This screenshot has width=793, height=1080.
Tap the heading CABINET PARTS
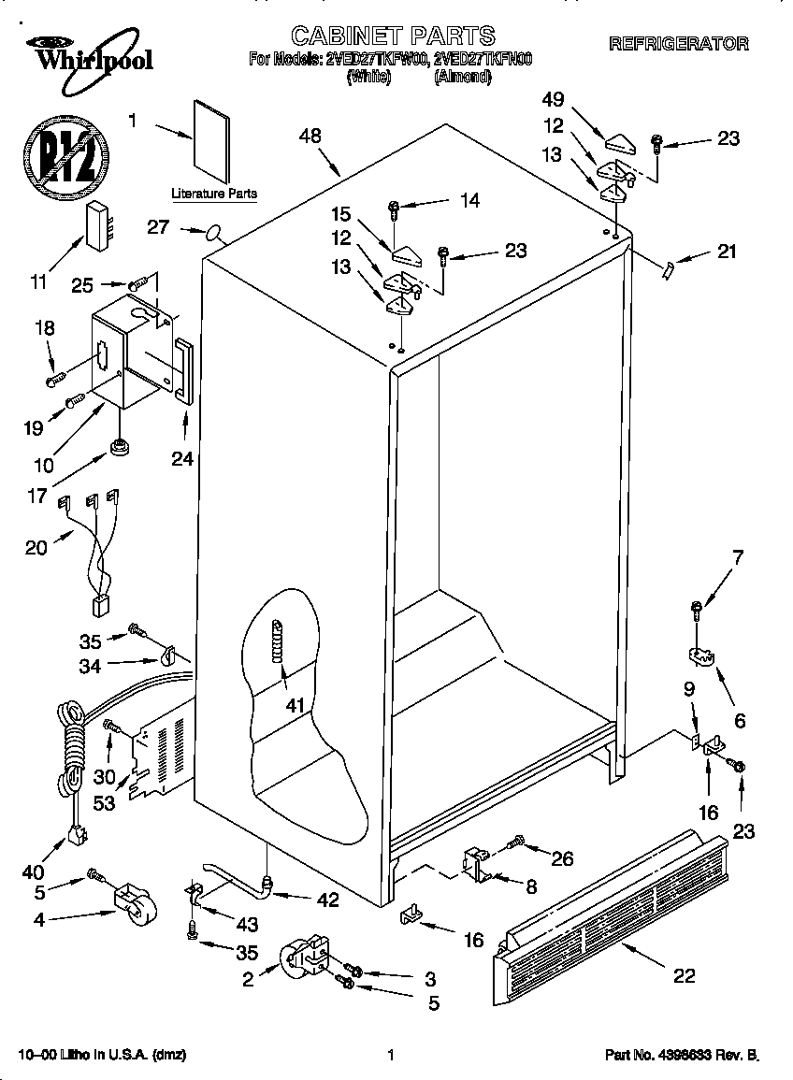pos(393,36)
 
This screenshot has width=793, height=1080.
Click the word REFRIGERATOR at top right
pos(678,43)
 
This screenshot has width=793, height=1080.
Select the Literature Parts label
pos(213,194)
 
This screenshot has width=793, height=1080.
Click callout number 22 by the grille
pos(685,975)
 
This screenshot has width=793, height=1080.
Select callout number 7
pos(738,558)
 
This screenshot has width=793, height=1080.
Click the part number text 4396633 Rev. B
pos(682,1055)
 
